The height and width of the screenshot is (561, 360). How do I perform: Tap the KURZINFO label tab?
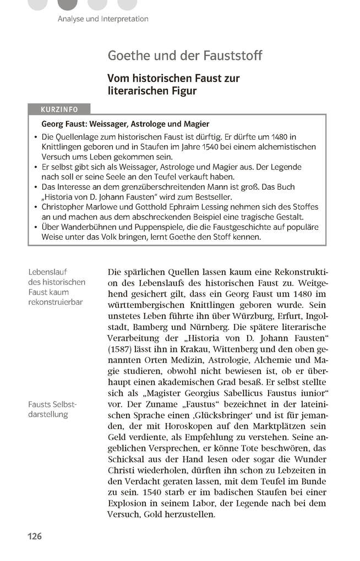click(61, 109)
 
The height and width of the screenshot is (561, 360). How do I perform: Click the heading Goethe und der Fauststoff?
click(184, 56)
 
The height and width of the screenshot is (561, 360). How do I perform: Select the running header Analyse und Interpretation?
click(103, 19)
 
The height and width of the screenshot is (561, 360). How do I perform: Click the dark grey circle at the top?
click(68, 4)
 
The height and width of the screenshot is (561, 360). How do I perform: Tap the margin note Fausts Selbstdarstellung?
click(53, 409)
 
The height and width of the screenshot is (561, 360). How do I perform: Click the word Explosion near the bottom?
click(129, 503)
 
